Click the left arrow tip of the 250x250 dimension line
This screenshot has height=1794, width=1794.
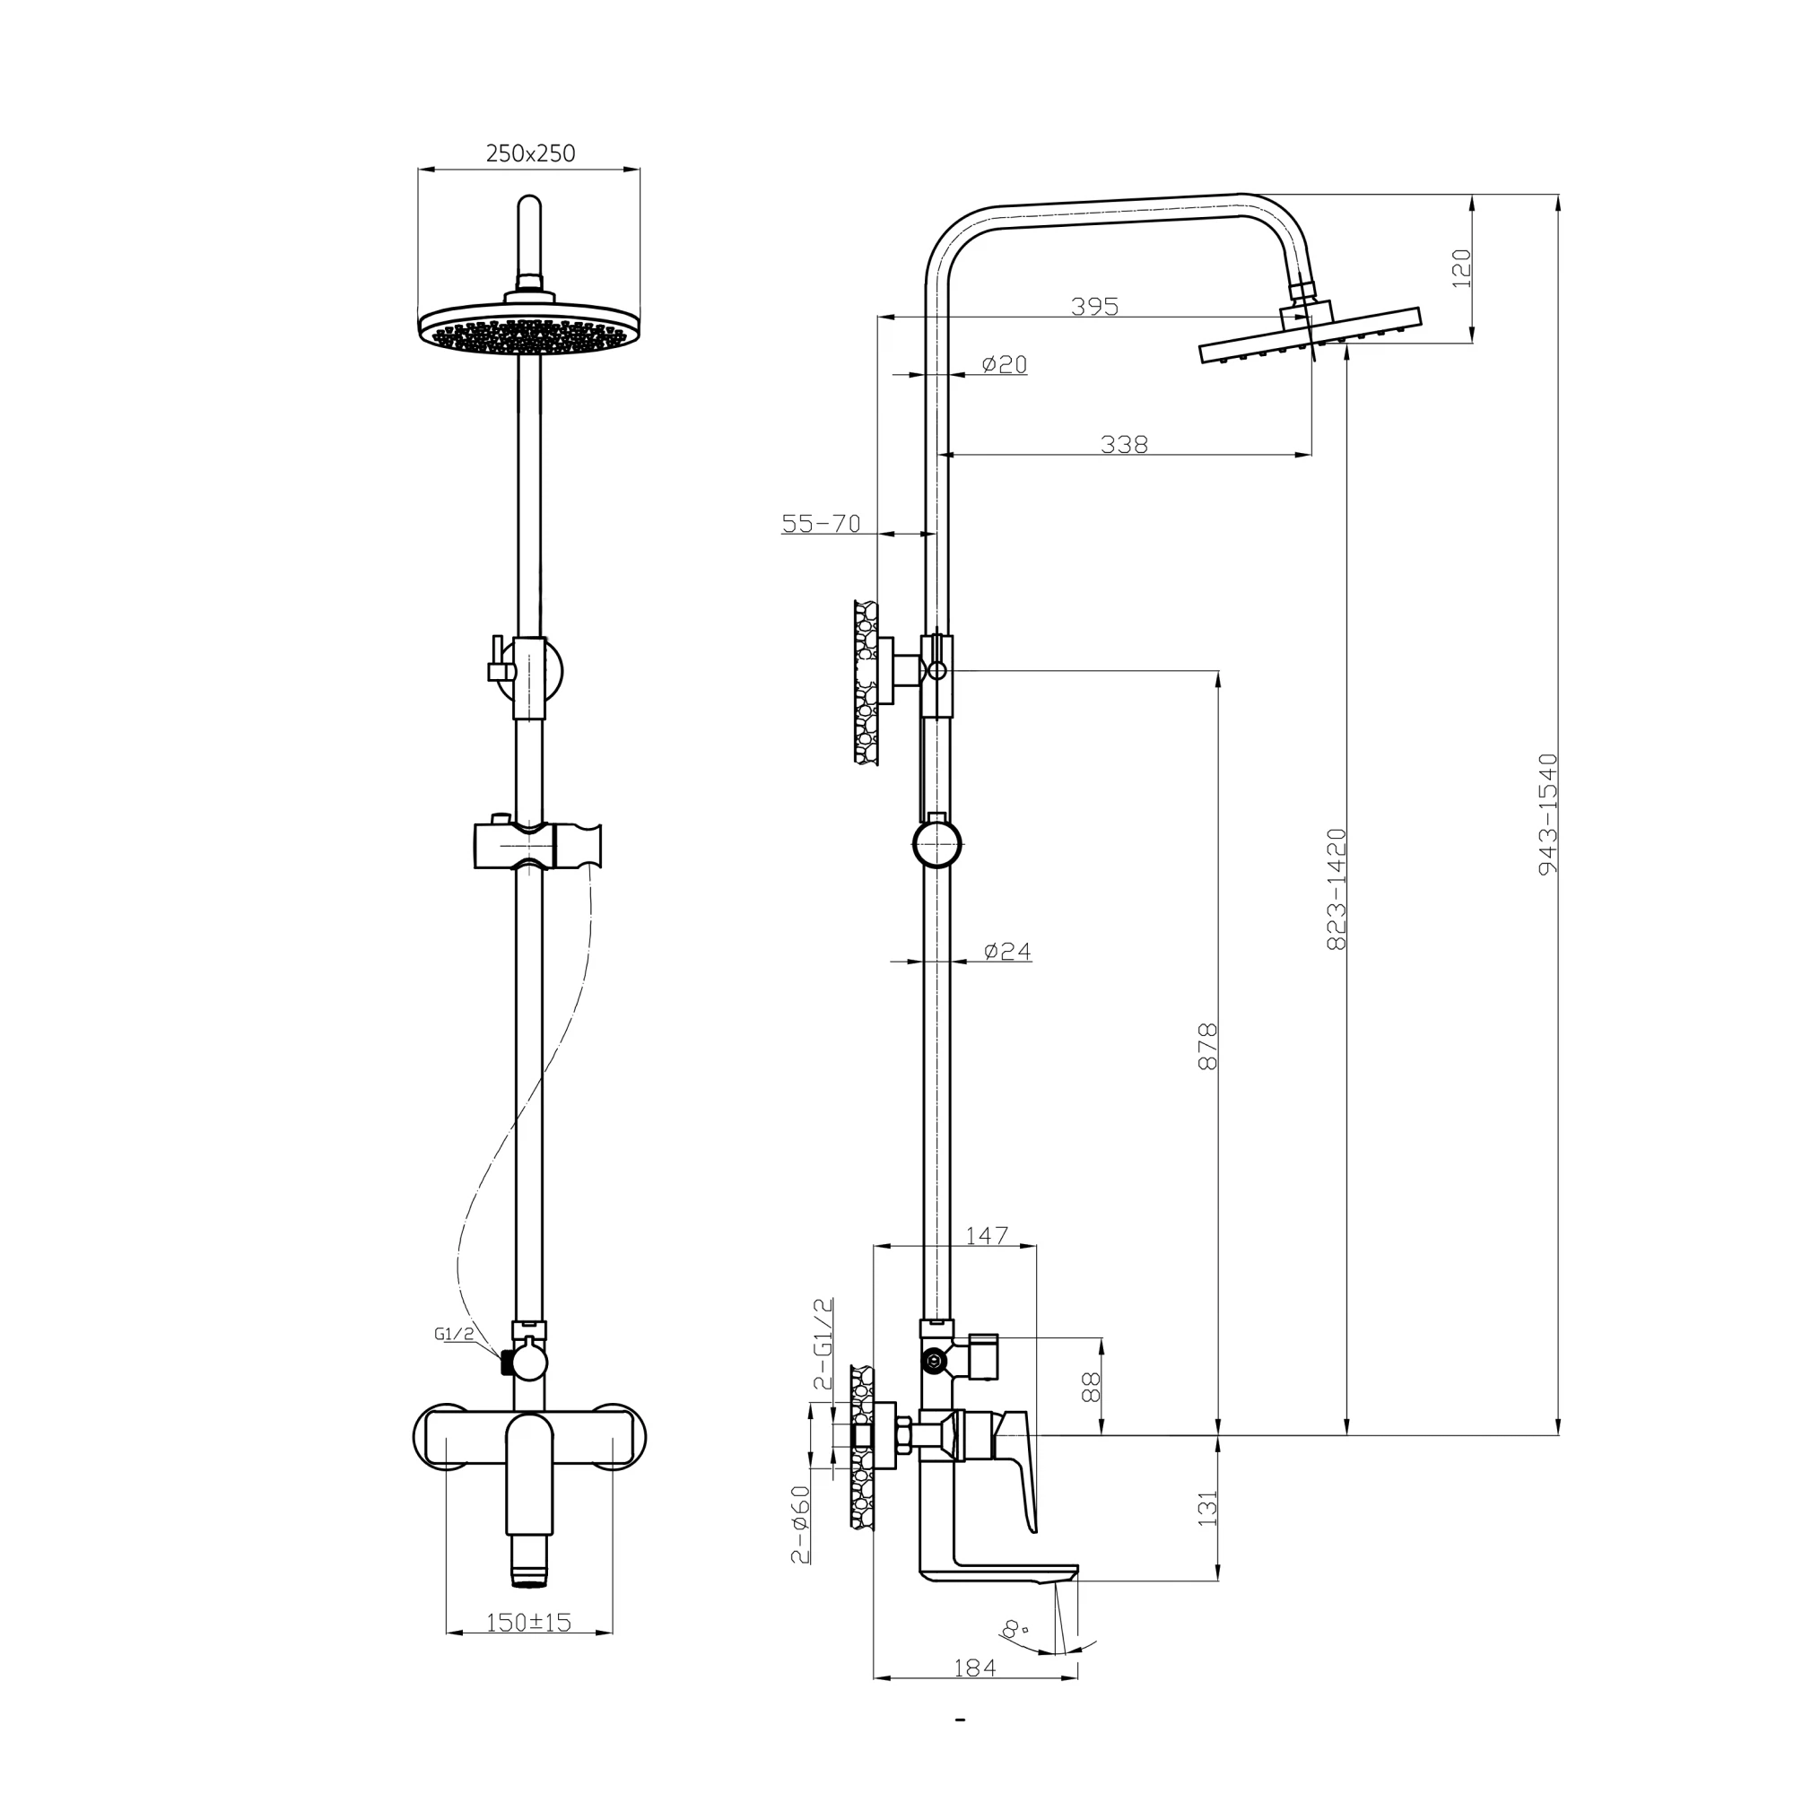(x=419, y=169)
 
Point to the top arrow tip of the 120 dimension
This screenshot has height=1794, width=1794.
(x=1472, y=195)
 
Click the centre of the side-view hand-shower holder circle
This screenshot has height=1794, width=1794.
(x=937, y=845)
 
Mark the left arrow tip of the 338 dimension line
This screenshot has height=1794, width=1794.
(x=942, y=454)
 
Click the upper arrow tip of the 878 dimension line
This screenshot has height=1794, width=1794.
(x=1218, y=671)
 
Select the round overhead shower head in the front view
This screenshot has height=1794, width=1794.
(x=529, y=325)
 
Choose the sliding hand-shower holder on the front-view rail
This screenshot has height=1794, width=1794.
(x=537, y=844)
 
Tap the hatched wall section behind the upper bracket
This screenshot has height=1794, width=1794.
(x=866, y=683)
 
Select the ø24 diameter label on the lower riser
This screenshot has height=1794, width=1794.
(x=1006, y=950)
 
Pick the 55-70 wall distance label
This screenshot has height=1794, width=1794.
(x=821, y=523)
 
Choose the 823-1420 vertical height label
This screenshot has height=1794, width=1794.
(x=1337, y=889)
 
